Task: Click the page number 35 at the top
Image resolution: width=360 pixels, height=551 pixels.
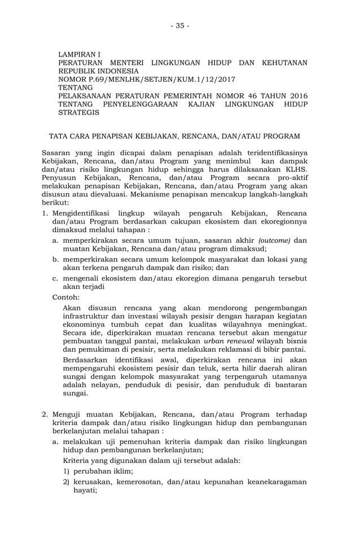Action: click(180, 25)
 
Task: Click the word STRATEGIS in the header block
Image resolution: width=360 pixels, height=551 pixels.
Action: click(79, 113)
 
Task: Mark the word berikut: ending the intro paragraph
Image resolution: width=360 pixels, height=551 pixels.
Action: click(56, 202)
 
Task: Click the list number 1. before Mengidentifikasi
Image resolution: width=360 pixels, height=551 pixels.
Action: click(46, 213)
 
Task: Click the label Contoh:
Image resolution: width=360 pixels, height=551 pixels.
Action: click(65, 296)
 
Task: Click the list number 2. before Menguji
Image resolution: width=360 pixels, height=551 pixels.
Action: click(46, 415)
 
